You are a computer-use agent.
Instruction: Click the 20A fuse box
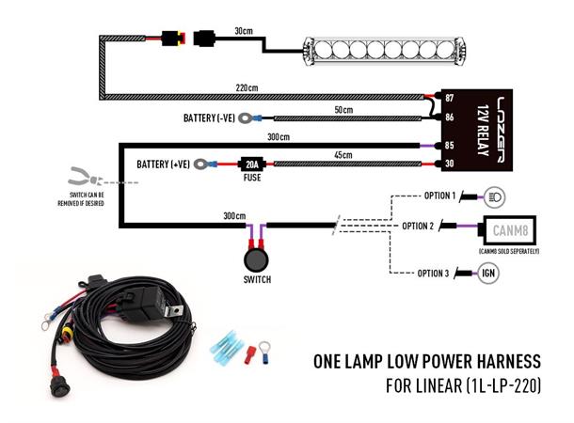coord(250,163)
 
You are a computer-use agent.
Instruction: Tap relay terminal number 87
coord(449,98)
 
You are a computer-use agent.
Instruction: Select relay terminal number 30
coord(449,164)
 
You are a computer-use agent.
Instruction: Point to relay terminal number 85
coord(449,145)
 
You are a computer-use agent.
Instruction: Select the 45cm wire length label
coord(343,154)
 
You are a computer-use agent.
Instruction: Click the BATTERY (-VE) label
coord(212,118)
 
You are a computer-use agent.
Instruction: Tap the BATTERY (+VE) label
coord(164,164)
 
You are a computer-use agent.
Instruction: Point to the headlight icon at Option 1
coord(494,197)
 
